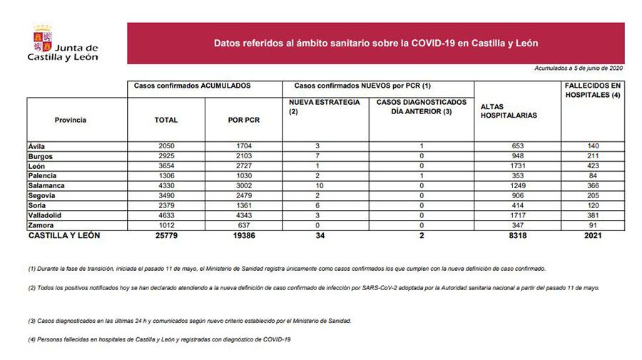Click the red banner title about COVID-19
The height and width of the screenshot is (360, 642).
coord(375,43)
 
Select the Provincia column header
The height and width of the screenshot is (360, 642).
coord(70,120)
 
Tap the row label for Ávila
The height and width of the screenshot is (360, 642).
coord(36,146)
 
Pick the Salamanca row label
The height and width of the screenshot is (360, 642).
coord(44,185)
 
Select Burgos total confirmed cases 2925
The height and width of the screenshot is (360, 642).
coord(166,156)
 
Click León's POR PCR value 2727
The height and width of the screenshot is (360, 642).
coord(243,166)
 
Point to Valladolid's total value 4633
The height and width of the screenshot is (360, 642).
coord(166,215)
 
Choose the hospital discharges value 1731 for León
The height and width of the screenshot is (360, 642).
coord(517,166)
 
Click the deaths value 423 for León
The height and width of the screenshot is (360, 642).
coord(591,166)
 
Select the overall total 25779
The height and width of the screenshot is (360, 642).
coord(166,235)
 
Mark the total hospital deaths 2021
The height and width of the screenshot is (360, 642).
coord(591,235)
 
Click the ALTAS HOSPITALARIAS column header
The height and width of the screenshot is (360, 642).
coord(509,110)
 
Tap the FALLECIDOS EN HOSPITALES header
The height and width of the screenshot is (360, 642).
coord(591,90)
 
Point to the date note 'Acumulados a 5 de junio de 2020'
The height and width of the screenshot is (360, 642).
coord(579,68)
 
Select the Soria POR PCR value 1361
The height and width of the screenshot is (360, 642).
coord(243,205)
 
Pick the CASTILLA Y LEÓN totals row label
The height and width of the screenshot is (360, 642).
coord(63,235)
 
